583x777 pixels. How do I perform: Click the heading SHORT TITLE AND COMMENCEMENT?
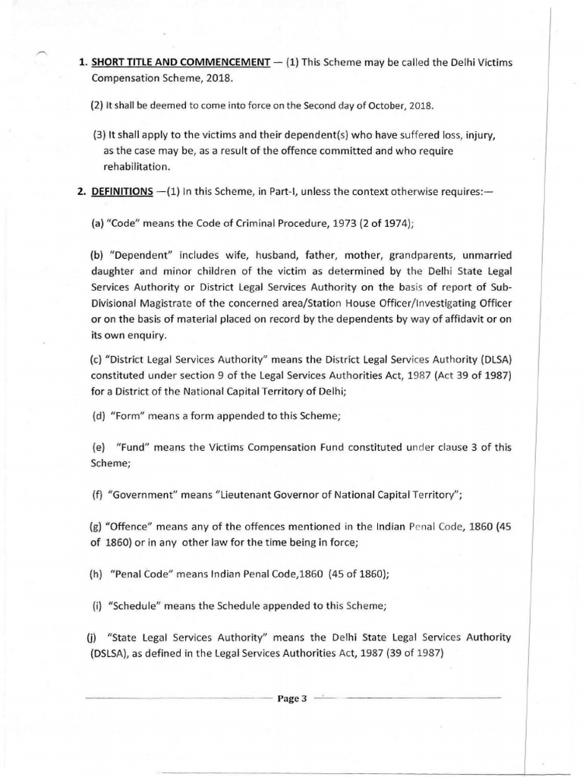[x=178, y=63]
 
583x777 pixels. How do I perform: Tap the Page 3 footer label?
[x=292, y=700]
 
